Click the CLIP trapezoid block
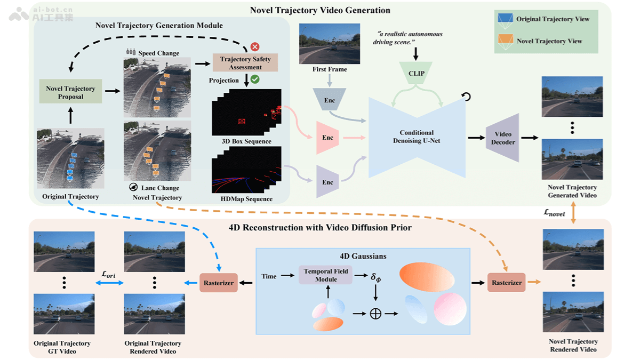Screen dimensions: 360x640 pos(416,73)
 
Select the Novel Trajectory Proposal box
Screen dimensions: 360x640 pos(70,92)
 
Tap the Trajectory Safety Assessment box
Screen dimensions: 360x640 pos(245,63)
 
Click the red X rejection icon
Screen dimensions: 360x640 pos(255,46)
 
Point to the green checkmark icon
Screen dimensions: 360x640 pos(255,79)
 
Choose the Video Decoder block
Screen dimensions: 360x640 pos(503,138)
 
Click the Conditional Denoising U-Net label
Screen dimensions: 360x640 pos(417,137)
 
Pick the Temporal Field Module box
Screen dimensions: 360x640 pos(326,275)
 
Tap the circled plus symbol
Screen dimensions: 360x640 pos(375,314)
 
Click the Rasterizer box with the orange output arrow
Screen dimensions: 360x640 pos(506,283)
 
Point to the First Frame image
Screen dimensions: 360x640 pos(330,43)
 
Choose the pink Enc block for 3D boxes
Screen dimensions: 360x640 pos(327,138)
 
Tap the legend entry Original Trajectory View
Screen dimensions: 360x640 pos(553,19)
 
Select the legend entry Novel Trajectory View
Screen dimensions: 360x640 pos(549,41)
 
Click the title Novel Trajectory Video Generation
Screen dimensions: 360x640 pos(320,10)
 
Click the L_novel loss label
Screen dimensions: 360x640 pos(554,213)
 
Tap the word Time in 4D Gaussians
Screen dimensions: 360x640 pos(269,276)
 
